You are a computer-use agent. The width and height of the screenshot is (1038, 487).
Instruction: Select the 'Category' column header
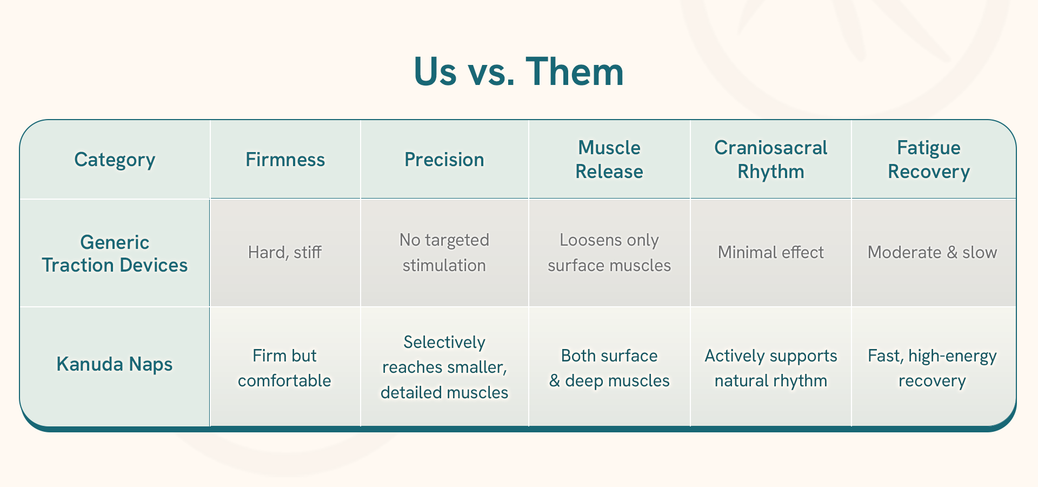coord(115,160)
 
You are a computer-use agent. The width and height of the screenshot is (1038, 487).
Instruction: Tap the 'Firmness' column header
coord(285,160)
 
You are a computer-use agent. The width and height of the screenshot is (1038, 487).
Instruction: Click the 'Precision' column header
coord(444,160)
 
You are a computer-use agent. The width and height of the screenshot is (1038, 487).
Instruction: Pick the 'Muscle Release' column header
coord(609,160)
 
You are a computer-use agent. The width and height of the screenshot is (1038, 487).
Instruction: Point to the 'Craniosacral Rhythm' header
coord(771,160)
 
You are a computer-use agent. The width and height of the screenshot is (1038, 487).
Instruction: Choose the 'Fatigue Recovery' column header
coord(929,160)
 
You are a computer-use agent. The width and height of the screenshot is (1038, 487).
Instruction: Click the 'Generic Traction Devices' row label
coord(115,253)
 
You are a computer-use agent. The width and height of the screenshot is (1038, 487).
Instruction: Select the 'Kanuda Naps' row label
coord(115,364)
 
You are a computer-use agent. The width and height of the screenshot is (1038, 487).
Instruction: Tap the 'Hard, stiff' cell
coord(285,252)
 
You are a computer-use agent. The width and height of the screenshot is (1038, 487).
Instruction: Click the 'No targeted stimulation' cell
coord(444,252)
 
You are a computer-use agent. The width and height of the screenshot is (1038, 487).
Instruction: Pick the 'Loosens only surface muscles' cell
coord(609,252)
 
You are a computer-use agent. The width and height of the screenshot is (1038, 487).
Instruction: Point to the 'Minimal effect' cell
coord(771,252)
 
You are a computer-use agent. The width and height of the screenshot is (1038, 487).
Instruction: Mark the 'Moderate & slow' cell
coord(933,252)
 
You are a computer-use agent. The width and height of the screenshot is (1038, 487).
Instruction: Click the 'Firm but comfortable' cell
coord(285,368)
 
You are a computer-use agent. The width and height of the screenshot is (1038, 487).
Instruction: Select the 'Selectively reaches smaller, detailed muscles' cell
coord(444,367)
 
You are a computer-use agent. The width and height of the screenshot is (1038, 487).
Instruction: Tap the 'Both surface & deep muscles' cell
coord(609,368)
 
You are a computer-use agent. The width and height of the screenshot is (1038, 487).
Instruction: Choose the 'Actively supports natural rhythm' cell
coord(771,368)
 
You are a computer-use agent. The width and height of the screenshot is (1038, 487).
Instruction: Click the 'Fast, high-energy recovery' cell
coord(933,368)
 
